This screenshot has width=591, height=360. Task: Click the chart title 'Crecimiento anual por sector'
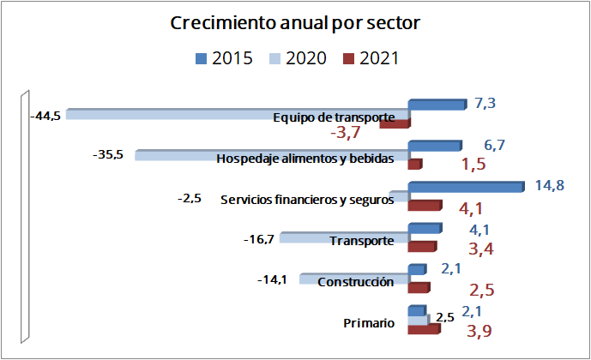click(x=295, y=23)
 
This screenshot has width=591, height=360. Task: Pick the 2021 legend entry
click(x=371, y=58)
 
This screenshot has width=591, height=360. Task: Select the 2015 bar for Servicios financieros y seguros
click(x=464, y=188)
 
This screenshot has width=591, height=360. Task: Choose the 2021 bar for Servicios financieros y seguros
click(x=423, y=206)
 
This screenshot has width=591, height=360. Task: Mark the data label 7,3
click(x=485, y=104)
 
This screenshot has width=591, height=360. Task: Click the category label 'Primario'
click(x=369, y=323)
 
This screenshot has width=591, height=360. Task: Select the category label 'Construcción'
click(x=355, y=282)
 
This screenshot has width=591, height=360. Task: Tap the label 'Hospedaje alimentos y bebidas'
click(x=305, y=159)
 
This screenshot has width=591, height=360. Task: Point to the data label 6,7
click(x=483, y=145)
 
